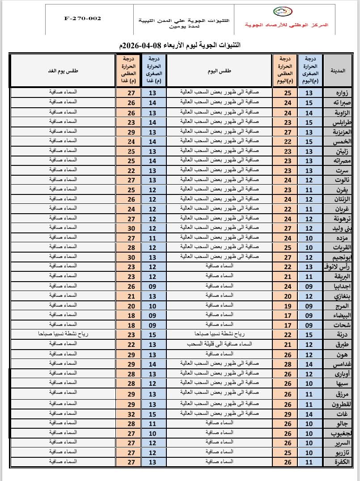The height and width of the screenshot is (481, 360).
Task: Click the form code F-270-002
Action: [x=83, y=18]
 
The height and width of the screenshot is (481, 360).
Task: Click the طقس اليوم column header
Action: [x=219, y=70]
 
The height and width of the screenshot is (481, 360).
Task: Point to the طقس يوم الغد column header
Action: [x=63, y=70]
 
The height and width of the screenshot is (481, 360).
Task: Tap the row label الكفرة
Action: [x=340, y=462]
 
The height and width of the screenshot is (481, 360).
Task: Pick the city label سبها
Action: [x=342, y=383]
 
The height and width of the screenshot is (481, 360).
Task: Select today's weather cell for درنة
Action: [x=219, y=334]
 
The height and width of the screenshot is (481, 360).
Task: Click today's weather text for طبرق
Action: [x=219, y=344]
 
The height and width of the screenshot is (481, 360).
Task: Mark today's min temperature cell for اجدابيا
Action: [x=309, y=286]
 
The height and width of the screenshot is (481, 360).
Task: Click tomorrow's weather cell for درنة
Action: [x=63, y=334]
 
